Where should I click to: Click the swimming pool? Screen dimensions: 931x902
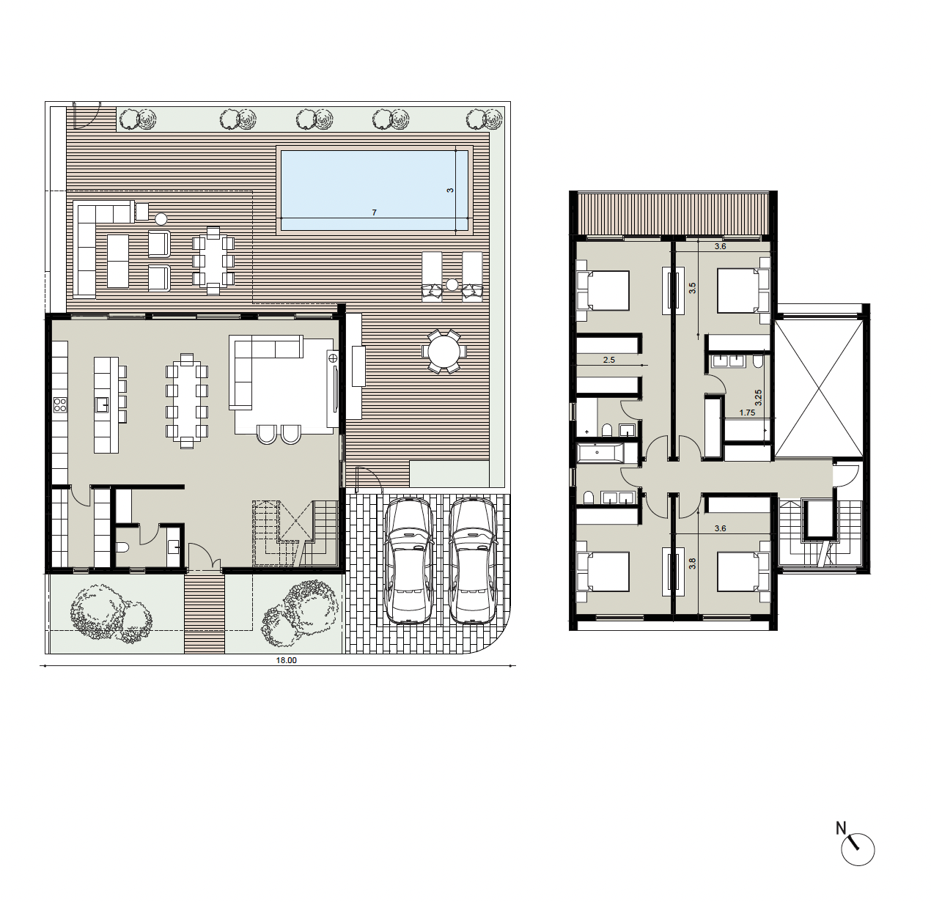pos(374,191)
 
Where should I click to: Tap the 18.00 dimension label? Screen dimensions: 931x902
pos(286,660)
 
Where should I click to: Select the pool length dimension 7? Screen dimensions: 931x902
pos(374,212)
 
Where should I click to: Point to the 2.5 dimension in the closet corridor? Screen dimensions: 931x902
pos(608,360)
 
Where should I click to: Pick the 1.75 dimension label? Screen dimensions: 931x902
pos(747,413)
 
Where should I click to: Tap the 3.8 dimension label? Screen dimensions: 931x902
pos(692,564)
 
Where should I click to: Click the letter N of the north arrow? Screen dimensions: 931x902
pos(841,828)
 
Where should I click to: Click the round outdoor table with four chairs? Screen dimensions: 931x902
pos(444,352)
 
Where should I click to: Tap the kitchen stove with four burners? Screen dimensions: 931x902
pos(60,404)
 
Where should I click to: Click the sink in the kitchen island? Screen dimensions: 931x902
pos(103,404)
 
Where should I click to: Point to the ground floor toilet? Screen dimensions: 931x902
pos(121,547)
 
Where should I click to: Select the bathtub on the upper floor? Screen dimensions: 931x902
pos(601,452)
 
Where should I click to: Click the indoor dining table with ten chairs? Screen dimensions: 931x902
pos(187,401)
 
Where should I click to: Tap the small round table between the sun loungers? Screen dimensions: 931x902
pos(452,285)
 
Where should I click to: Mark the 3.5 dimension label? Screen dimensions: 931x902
pos(692,288)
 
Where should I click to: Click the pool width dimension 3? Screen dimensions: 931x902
pos(449,191)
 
